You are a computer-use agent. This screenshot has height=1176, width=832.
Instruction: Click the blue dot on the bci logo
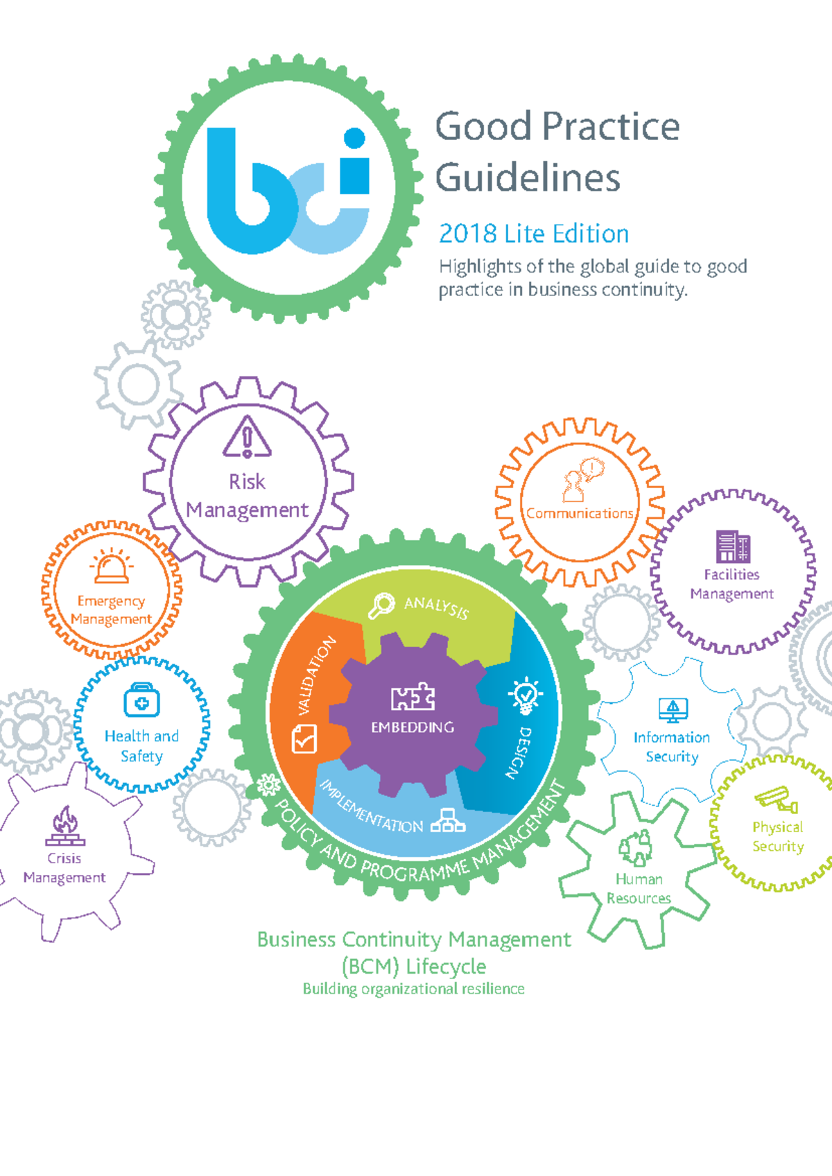[355, 137]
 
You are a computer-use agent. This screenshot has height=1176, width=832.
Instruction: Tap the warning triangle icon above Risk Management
[247, 436]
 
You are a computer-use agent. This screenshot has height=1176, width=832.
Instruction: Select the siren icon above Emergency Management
[112, 566]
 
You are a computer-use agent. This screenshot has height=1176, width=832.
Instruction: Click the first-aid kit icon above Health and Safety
[141, 700]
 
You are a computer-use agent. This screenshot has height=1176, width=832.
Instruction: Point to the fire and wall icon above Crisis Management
[65, 826]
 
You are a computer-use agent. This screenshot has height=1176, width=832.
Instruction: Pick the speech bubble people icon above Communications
[582, 479]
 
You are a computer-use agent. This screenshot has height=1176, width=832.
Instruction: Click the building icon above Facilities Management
[733, 546]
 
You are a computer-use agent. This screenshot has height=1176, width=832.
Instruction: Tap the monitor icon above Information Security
[673, 710]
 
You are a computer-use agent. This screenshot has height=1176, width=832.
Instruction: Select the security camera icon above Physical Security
[777, 799]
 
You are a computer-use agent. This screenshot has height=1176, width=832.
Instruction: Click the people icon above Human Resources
[636, 848]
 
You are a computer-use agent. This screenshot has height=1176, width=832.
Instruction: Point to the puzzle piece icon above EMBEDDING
[413, 697]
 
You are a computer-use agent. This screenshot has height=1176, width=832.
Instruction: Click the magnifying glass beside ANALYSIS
[381, 606]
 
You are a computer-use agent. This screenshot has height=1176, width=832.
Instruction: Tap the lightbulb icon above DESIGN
[526, 695]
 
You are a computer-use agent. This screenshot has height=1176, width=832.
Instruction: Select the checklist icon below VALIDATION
[304, 738]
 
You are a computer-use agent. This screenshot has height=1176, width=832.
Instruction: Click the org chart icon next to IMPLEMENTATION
[448, 820]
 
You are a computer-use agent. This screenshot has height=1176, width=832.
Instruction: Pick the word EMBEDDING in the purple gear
[413, 727]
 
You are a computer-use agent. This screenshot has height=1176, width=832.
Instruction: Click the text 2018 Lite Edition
[533, 234]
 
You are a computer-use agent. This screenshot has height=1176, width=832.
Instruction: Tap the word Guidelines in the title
[528, 178]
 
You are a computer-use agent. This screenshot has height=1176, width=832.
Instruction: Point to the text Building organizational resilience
[414, 989]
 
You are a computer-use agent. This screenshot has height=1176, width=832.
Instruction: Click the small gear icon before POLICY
[269, 785]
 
